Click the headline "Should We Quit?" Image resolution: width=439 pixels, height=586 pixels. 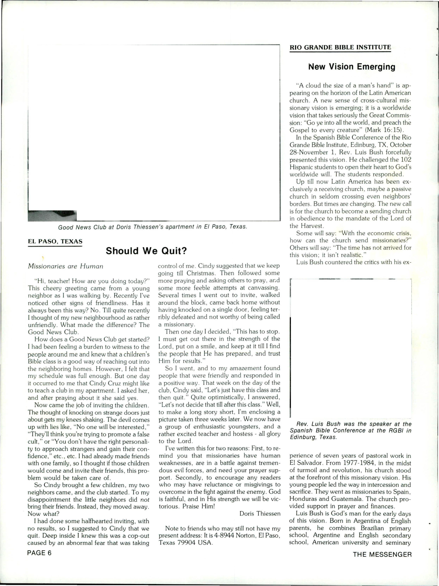(146, 251)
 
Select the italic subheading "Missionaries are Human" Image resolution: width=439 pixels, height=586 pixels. (65, 266)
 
